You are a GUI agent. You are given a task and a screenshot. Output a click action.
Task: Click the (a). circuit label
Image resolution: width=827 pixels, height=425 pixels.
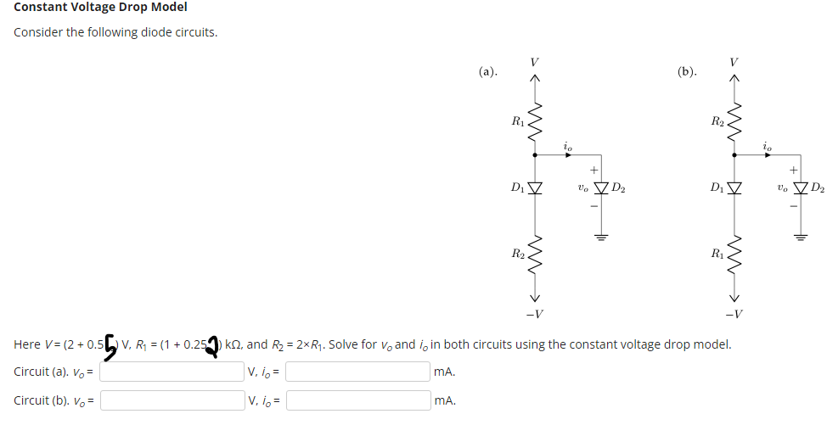pyautogui.click(x=487, y=72)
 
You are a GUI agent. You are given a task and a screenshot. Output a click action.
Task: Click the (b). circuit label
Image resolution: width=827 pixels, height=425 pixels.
pyautogui.click(x=688, y=72)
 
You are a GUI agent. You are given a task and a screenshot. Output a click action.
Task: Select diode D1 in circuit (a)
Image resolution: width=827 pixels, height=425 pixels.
pyautogui.click(x=534, y=187)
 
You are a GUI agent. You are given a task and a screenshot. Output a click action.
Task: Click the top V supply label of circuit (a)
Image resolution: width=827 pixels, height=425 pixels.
pyautogui.click(x=534, y=61)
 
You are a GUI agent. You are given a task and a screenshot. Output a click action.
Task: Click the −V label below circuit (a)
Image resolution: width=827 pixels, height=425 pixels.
pyautogui.click(x=534, y=315)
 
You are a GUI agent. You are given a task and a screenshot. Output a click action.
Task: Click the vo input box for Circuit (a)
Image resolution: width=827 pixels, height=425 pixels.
pyautogui.click(x=172, y=372)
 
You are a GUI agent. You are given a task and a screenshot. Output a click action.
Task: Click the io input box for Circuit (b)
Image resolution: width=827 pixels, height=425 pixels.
pyautogui.click(x=357, y=400)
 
